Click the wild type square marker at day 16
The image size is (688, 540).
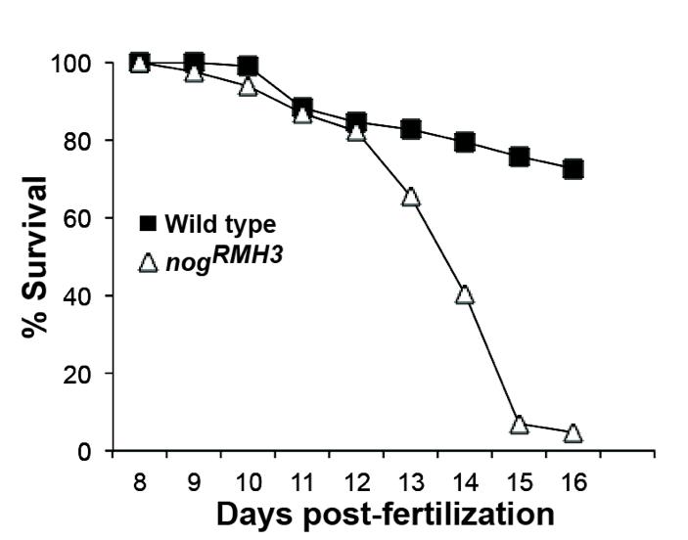[x=573, y=169]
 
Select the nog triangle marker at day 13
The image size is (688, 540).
[x=411, y=197]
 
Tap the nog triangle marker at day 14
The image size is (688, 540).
[x=465, y=294]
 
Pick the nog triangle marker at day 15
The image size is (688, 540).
[x=520, y=424]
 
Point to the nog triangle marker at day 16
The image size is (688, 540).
[x=573, y=432]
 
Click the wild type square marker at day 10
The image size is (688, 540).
[x=248, y=67]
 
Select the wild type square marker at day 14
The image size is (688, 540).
[x=465, y=143]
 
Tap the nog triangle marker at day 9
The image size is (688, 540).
[x=194, y=73]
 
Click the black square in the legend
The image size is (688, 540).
[x=148, y=224]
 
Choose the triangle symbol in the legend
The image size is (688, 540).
[x=148, y=262]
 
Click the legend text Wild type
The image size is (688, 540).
[x=220, y=224]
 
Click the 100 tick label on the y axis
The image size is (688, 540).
[x=72, y=64]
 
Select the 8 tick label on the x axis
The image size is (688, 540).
[x=140, y=480]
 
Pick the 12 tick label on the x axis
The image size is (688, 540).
[x=356, y=480]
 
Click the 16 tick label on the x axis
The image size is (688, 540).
[x=573, y=480]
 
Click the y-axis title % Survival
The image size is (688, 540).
[x=34, y=257]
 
